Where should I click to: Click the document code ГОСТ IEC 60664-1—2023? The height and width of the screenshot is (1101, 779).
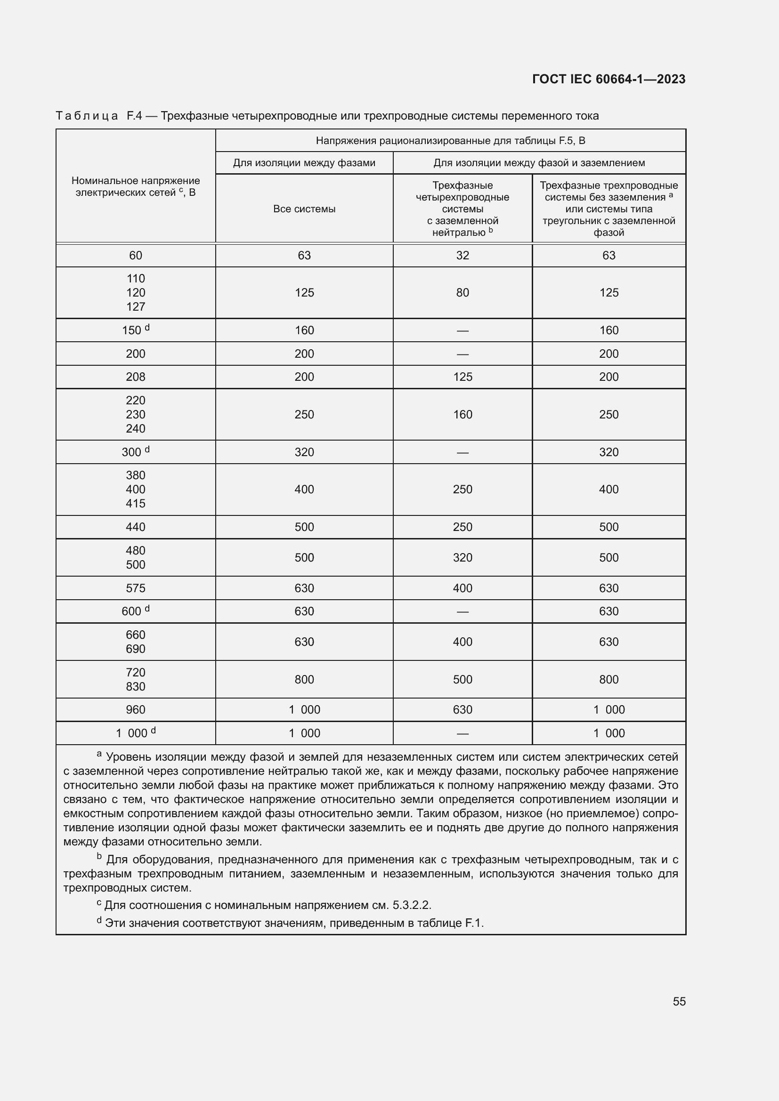click(608, 79)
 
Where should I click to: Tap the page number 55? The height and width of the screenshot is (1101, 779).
click(679, 1001)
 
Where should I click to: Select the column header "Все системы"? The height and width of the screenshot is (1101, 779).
click(304, 209)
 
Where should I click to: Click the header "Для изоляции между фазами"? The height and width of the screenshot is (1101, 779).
click(304, 163)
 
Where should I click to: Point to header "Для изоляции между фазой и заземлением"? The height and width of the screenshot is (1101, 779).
click(539, 163)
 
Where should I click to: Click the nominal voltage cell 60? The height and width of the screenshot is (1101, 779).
click(135, 256)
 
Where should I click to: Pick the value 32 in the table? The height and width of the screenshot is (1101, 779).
click(463, 256)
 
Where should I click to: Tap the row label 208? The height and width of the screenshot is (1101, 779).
click(135, 377)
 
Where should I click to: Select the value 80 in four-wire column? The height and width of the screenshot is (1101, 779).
click(463, 292)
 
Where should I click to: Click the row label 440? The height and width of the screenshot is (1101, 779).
click(135, 527)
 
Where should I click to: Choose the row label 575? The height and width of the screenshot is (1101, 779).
click(135, 588)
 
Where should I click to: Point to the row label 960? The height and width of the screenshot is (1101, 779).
click(135, 710)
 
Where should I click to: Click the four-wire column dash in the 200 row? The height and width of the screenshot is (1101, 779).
click(463, 354)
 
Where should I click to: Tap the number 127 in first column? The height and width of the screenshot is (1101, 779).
click(135, 307)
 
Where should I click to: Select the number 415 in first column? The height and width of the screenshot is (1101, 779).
click(135, 504)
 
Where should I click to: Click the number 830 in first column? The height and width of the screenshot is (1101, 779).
click(135, 687)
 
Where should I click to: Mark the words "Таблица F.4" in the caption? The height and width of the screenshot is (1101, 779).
click(98, 116)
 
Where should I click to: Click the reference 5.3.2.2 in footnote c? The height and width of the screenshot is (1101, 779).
click(411, 905)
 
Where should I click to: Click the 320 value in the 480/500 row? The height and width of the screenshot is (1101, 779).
click(463, 558)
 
